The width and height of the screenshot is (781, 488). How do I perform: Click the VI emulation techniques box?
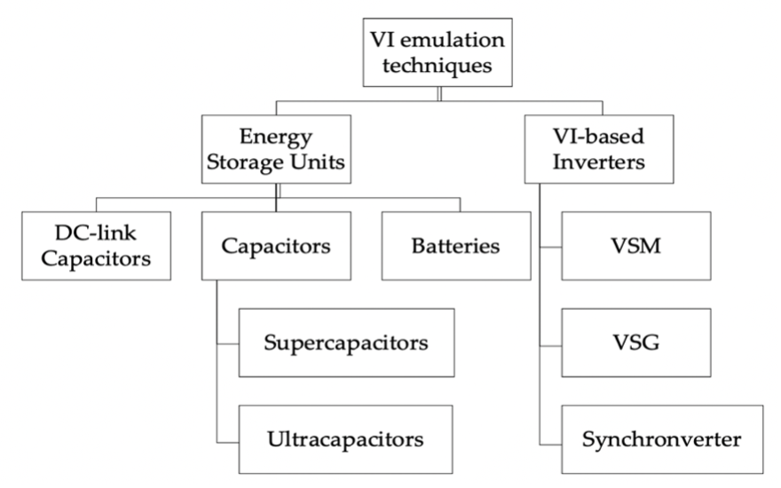point(438,52)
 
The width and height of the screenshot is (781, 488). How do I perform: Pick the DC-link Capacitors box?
point(96,246)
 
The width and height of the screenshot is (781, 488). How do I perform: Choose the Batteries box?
point(455,246)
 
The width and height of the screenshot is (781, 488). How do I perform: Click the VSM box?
point(635,246)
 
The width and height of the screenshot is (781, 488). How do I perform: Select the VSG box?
point(635,342)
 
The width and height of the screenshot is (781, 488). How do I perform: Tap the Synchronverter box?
point(661,438)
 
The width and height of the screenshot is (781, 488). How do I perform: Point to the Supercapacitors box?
point(346,342)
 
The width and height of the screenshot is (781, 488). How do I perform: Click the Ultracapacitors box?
point(345,438)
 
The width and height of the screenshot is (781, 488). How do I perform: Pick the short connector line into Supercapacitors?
point(227,342)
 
